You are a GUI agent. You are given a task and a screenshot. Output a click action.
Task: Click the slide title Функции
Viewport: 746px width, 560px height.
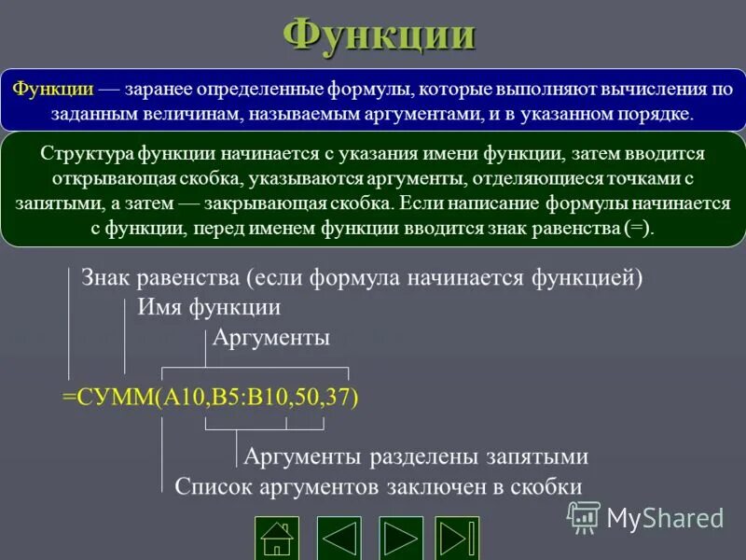(379, 35)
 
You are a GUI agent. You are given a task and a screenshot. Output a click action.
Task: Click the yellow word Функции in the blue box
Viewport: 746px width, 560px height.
(53, 89)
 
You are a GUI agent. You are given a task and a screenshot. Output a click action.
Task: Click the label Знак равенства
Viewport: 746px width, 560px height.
(162, 277)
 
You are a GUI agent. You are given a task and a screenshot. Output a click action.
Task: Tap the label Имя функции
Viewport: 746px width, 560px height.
(209, 307)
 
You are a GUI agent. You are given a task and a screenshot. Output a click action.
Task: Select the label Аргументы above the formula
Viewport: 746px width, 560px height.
(270, 337)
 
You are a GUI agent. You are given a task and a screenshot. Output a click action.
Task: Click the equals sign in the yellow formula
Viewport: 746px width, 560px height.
(68, 396)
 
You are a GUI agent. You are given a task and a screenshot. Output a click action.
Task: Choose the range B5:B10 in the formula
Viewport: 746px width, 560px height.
(247, 396)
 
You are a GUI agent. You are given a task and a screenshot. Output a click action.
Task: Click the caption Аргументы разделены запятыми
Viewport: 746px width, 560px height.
(415, 456)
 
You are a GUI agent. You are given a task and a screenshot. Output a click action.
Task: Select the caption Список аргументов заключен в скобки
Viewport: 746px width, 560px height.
(378, 486)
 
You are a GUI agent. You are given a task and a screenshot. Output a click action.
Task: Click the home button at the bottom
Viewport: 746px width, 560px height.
(277, 538)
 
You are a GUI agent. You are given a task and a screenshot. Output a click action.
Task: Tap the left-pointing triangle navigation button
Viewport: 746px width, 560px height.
(339, 538)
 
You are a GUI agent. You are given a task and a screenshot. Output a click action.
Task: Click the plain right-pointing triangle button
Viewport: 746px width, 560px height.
(401, 538)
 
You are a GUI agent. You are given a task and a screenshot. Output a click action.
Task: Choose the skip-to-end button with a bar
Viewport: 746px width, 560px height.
(457, 538)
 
